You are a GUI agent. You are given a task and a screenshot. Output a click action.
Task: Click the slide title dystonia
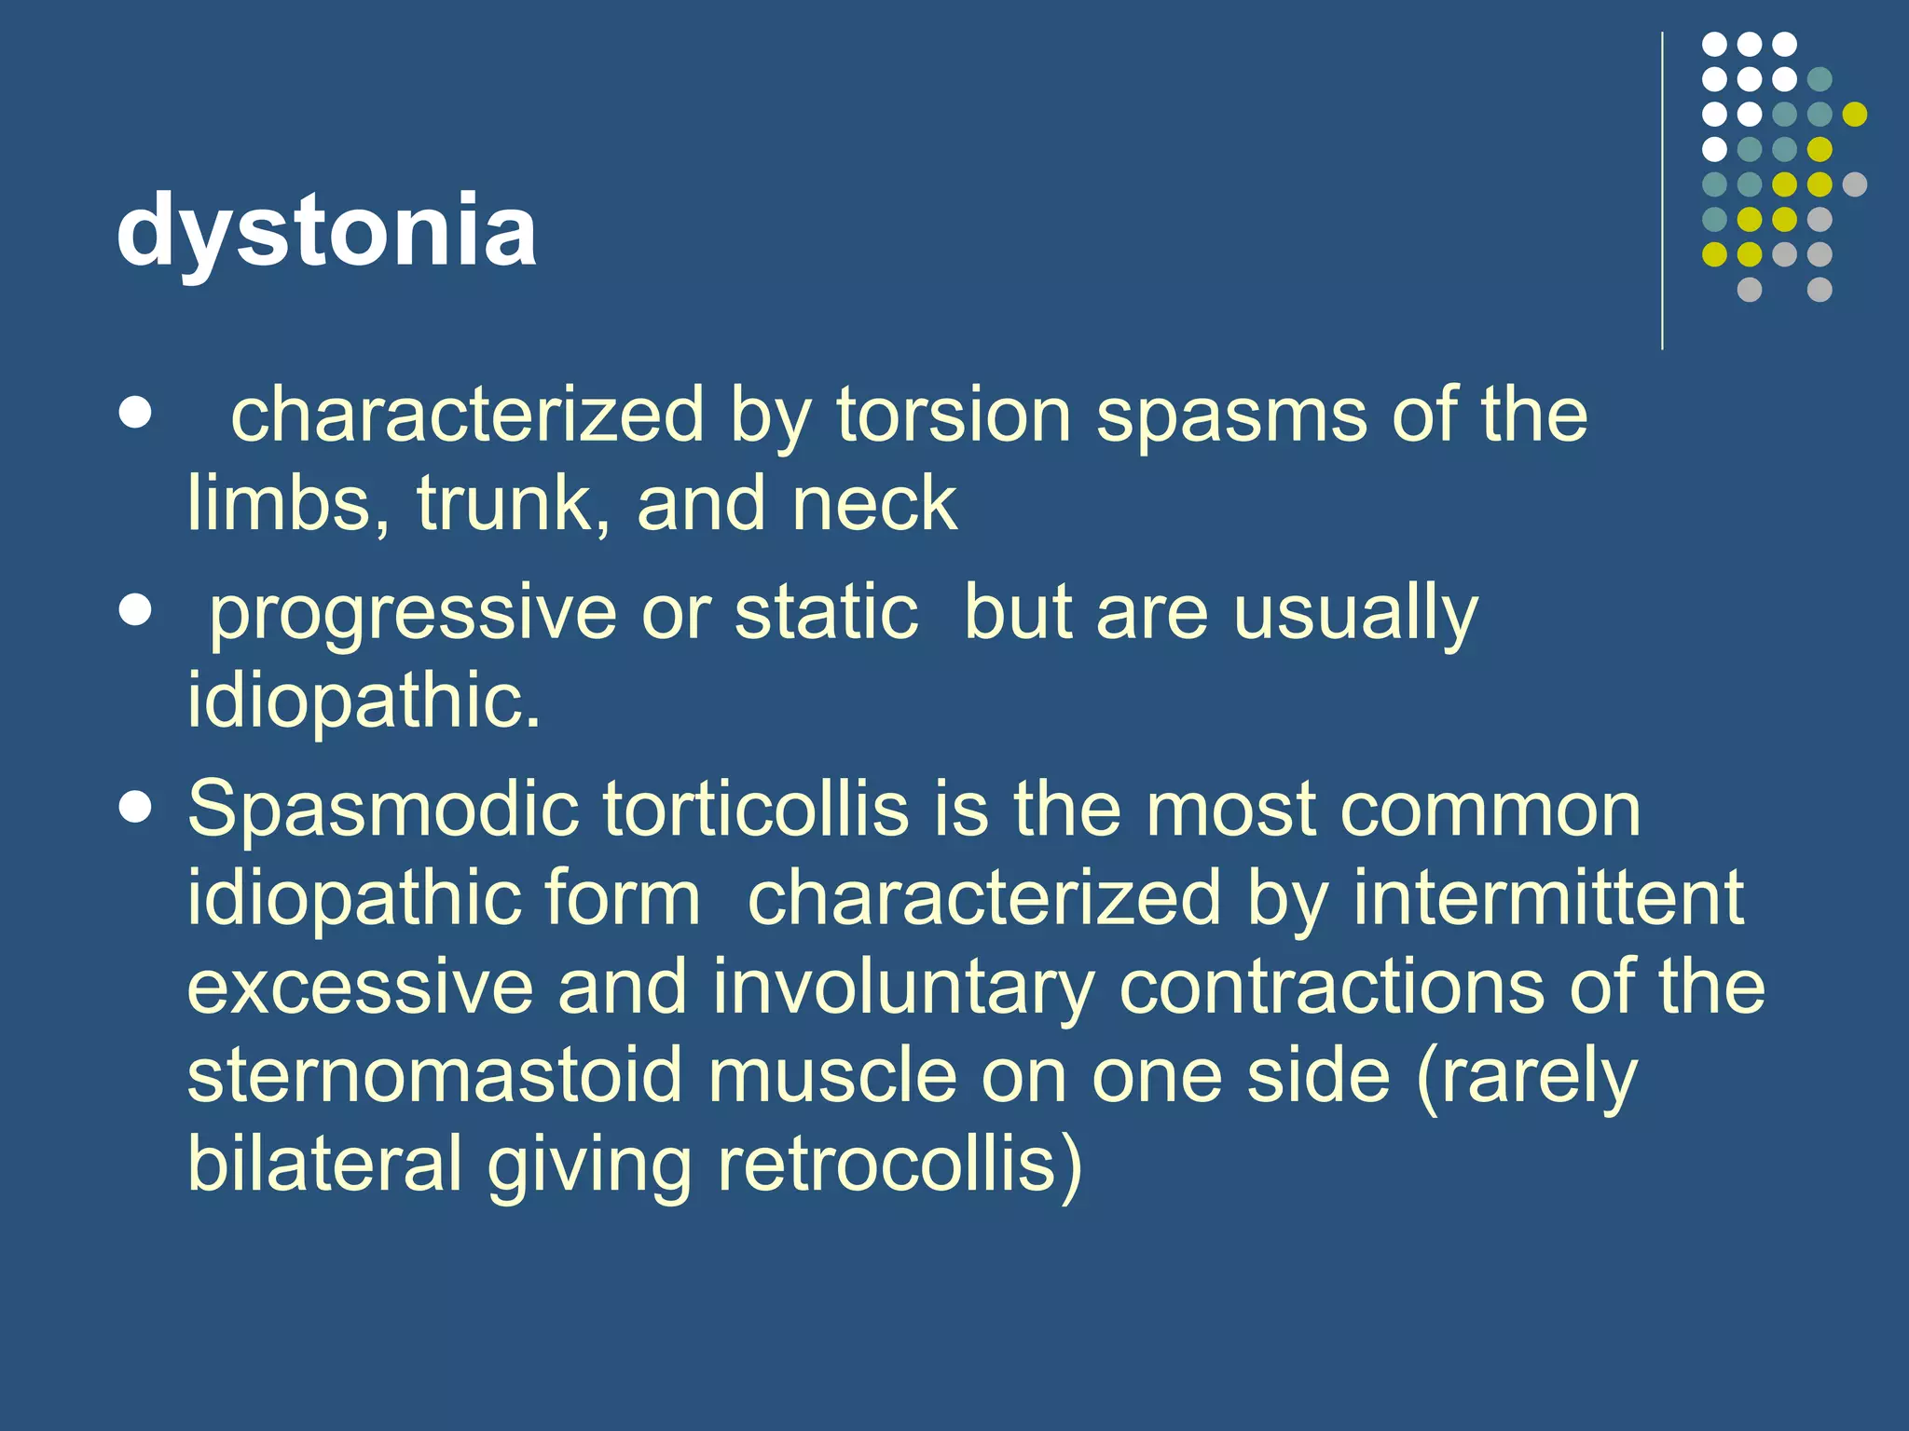click(x=326, y=229)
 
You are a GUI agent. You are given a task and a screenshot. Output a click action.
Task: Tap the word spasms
click(x=1231, y=416)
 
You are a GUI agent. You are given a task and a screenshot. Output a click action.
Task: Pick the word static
click(x=827, y=612)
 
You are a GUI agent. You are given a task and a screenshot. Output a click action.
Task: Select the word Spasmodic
click(x=382, y=809)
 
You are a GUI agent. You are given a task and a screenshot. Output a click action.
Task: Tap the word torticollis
click(x=755, y=809)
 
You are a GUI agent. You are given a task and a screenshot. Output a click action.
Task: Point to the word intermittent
click(x=1548, y=897)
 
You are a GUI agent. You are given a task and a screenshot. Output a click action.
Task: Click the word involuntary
click(x=904, y=988)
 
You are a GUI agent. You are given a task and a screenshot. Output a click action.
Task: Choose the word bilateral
click(x=325, y=1164)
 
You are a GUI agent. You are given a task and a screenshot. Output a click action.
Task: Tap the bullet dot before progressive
click(x=136, y=611)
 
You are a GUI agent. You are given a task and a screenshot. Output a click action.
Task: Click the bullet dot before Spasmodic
click(x=136, y=808)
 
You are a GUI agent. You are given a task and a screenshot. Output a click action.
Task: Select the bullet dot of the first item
click(x=136, y=413)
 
